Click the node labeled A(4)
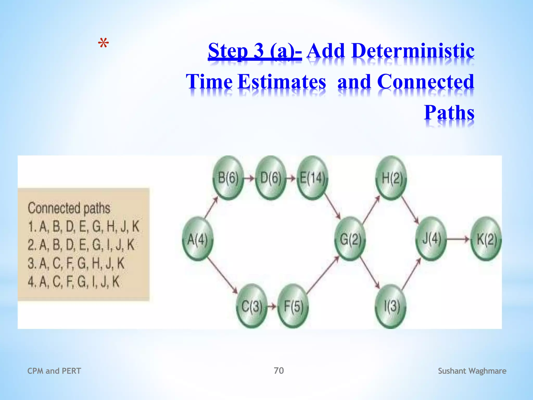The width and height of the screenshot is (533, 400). [198, 239]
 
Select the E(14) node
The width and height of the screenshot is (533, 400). [312, 178]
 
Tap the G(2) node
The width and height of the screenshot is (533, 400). [350, 239]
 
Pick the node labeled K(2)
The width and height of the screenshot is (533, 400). [486, 239]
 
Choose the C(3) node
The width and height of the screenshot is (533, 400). [252, 306]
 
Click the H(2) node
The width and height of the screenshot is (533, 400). [391, 178]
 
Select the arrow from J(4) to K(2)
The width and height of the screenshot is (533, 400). [458, 239]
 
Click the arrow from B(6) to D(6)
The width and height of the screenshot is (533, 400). [249, 178]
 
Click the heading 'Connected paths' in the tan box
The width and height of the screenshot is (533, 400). [69, 208]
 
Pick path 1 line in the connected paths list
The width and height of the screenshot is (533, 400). [84, 226]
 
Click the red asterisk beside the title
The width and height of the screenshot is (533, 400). [104, 44]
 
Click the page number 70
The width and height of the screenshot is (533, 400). [279, 370]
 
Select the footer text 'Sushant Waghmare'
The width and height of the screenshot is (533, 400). [472, 371]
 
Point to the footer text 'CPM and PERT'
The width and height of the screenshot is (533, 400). [54, 371]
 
